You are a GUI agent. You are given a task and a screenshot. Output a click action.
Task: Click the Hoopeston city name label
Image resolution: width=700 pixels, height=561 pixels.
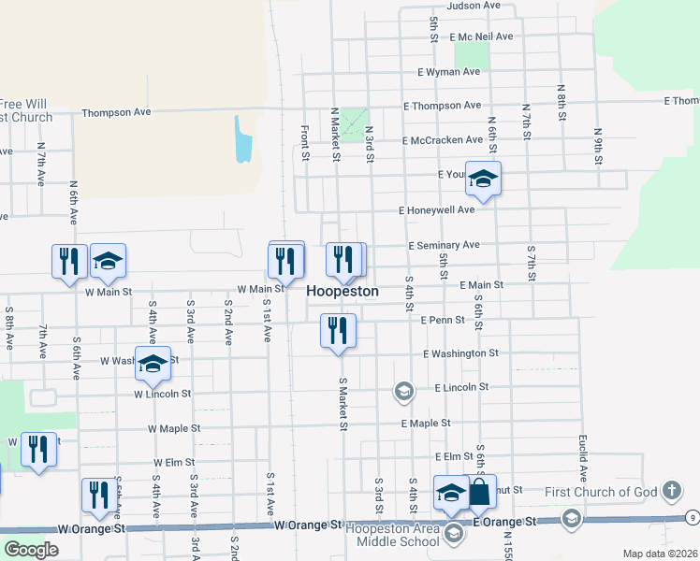pos(343,292)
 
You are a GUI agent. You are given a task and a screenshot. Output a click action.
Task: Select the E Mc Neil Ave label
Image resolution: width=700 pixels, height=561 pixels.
pos(481,36)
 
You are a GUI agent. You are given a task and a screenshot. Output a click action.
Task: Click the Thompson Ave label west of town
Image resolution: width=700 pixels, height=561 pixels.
pos(116,112)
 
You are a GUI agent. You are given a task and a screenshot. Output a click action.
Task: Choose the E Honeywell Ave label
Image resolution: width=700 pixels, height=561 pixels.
pos(437,210)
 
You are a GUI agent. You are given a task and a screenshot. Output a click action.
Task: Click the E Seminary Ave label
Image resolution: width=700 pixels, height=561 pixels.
pos(444,245)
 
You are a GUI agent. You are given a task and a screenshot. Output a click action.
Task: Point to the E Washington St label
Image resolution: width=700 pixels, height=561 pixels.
pos(460,353)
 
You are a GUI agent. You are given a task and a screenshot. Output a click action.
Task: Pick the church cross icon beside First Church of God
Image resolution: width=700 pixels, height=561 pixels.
pos(671,490)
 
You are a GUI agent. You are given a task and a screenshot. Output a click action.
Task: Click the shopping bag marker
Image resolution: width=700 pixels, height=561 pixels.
pos(480,493)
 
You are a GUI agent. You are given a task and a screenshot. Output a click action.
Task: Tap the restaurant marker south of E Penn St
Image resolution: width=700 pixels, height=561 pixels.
pos(338,331)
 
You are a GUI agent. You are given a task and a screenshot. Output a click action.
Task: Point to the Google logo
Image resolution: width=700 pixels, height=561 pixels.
pos(31,550)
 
